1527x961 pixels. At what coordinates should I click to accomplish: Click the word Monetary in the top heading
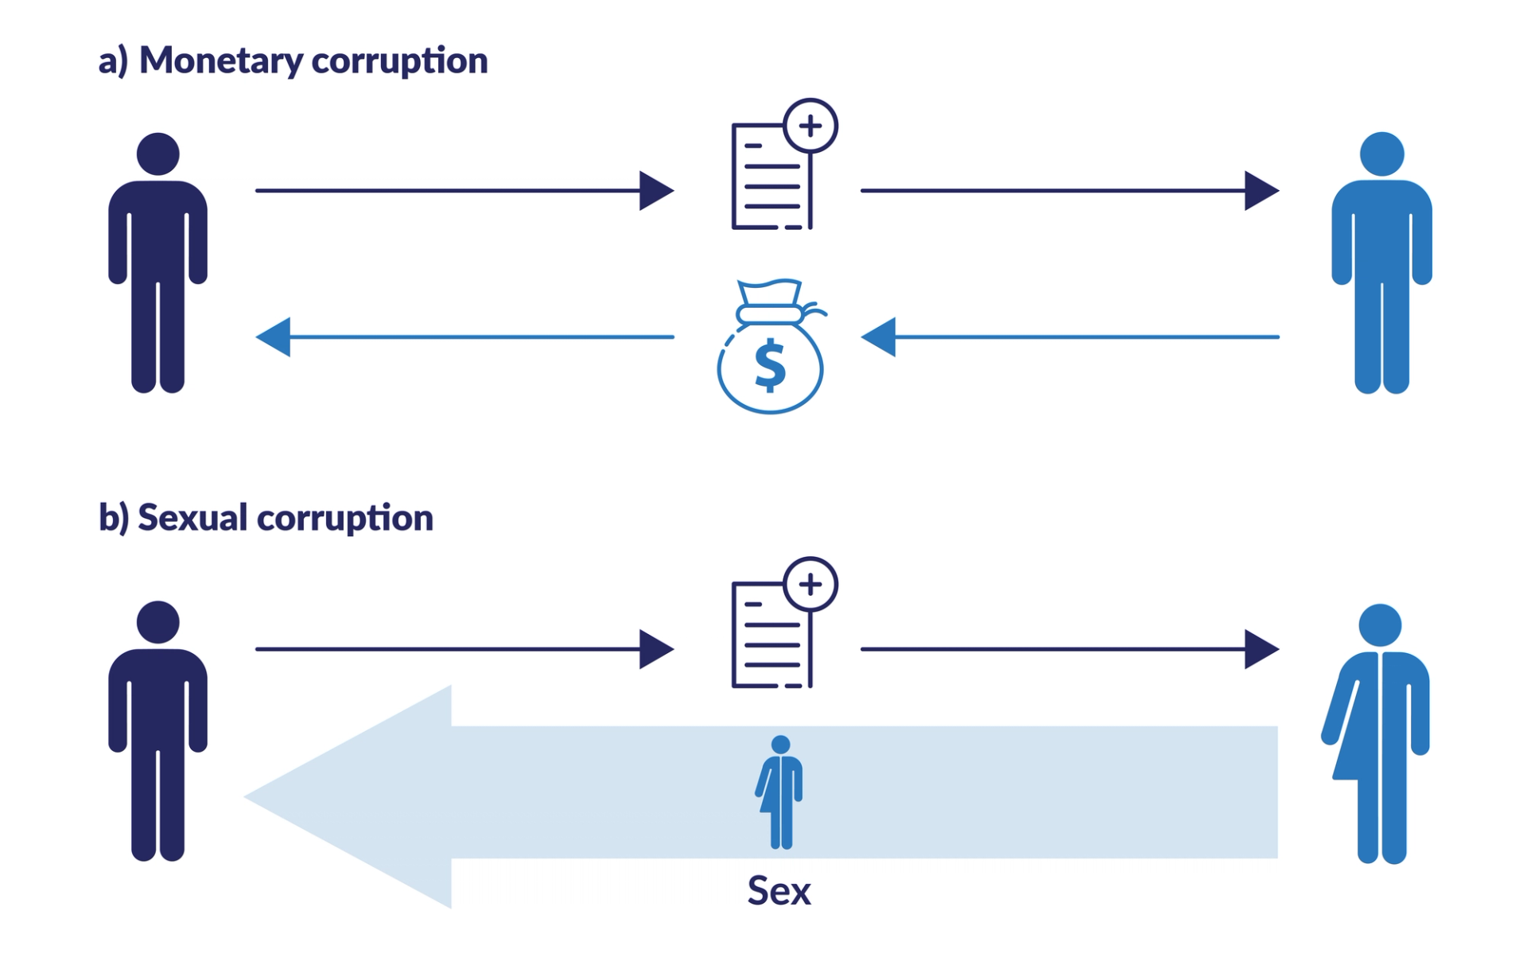tap(220, 61)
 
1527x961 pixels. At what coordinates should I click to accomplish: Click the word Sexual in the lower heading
tap(192, 518)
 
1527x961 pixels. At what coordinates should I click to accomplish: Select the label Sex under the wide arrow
tap(779, 891)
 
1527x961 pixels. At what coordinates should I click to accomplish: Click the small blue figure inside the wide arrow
tap(780, 792)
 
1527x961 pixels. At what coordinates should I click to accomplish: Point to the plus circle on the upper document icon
tap(810, 126)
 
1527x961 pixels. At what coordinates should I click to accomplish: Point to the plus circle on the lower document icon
tap(810, 585)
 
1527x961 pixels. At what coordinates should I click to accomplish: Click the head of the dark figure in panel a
tap(157, 154)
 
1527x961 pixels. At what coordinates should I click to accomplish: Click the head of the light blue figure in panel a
tap(1381, 154)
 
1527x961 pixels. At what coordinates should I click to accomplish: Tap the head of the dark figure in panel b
tap(157, 621)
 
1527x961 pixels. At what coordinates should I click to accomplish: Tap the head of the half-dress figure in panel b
tap(1380, 624)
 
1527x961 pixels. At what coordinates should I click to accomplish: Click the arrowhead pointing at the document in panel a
tap(656, 191)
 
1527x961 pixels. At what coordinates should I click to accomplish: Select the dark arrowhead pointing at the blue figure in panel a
tap(1261, 191)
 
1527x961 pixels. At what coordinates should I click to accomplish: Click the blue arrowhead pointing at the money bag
tap(879, 337)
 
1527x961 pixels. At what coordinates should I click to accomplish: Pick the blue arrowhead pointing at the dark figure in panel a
tap(273, 337)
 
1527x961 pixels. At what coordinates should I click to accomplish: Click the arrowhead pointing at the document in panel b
tap(656, 649)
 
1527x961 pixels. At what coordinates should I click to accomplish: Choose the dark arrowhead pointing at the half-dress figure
tap(1261, 649)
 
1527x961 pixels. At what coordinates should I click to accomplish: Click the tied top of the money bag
tap(769, 313)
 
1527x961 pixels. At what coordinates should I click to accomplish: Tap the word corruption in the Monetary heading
tap(399, 61)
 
